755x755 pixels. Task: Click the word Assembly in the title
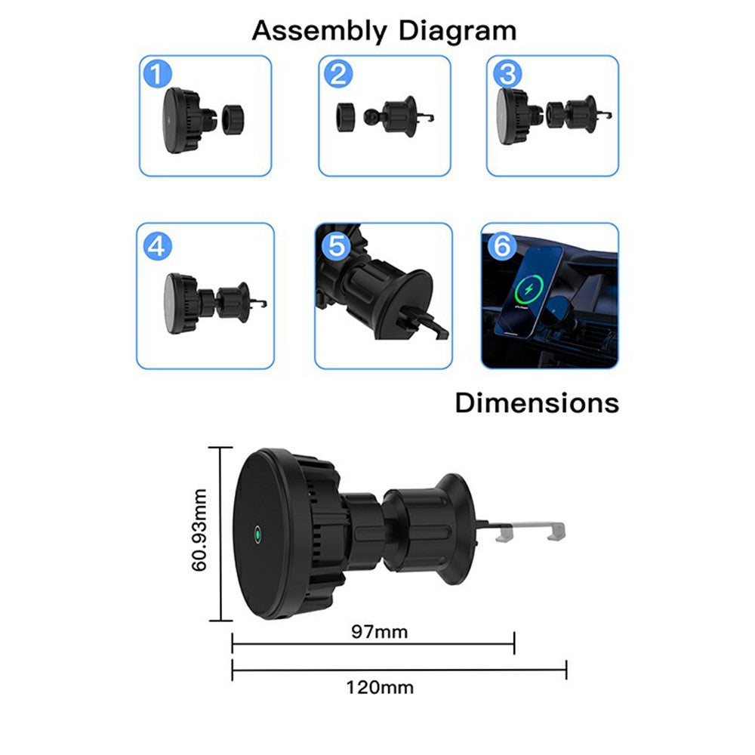pos(319,32)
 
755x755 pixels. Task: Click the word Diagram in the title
pos(458,32)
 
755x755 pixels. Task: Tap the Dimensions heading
pos(537,402)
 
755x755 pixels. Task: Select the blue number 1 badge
pos(158,74)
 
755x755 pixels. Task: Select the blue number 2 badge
pos(338,74)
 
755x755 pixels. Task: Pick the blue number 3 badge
pos(508,74)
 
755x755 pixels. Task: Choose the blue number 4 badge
pos(158,247)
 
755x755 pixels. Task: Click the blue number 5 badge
pos(337,245)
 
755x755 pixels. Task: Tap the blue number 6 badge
pos(502,245)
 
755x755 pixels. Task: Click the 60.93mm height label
pos(199,530)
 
